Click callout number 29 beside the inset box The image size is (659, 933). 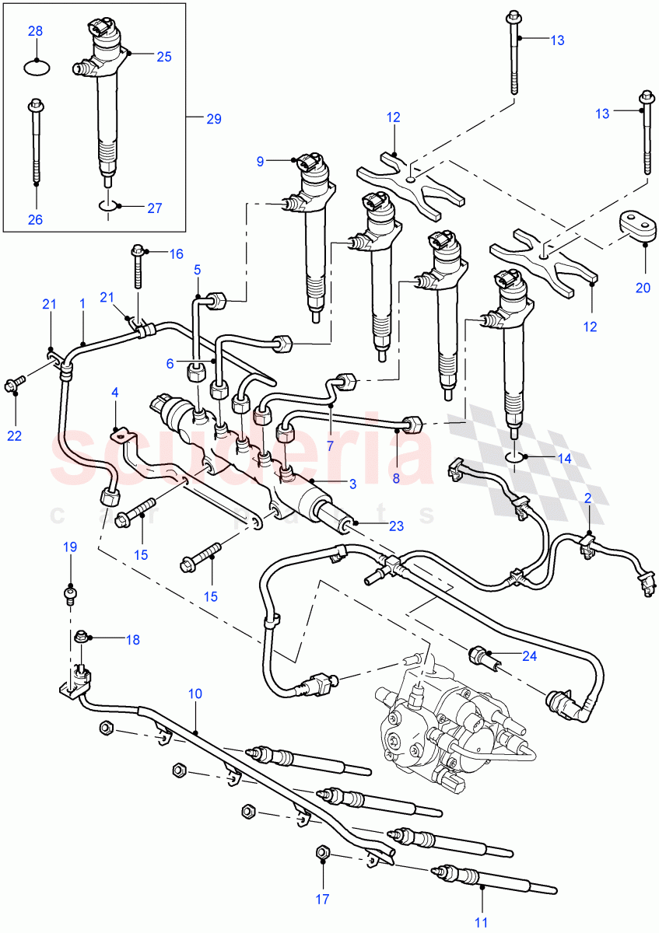tap(213, 119)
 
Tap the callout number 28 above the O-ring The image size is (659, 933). tap(36, 31)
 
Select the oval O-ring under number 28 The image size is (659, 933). tap(36, 67)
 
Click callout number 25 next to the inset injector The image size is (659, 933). tap(163, 56)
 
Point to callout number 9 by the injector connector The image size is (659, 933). tap(261, 161)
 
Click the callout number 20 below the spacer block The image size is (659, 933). tap(642, 288)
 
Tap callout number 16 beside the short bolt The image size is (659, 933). tap(176, 253)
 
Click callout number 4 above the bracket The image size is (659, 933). tap(115, 393)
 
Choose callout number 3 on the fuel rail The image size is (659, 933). tap(352, 484)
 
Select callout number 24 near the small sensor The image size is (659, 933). tap(529, 655)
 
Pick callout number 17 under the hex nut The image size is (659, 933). tap(322, 900)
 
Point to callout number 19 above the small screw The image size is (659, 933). tap(70, 547)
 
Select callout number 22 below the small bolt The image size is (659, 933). tap(15, 435)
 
